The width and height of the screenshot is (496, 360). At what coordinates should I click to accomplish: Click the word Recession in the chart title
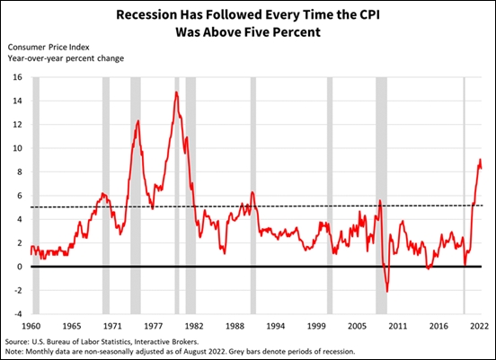tap(146, 14)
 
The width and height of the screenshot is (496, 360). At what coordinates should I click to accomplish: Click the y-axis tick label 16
tap(16, 77)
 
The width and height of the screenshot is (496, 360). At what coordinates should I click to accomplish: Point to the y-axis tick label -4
tap(16, 314)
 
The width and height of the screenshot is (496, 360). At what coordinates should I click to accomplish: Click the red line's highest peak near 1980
tap(176, 92)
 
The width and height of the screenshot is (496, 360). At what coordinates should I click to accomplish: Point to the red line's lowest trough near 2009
tap(387, 292)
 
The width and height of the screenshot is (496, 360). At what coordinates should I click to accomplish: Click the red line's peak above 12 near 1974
tap(137, 120)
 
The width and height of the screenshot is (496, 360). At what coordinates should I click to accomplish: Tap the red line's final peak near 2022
tap(480, 160)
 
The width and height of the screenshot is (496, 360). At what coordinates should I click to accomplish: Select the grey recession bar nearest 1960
tap(36, 198)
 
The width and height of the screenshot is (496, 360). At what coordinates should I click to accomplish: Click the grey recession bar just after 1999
tap(329, 198)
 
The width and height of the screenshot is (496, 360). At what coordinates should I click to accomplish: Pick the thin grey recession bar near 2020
tap(464, 198)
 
